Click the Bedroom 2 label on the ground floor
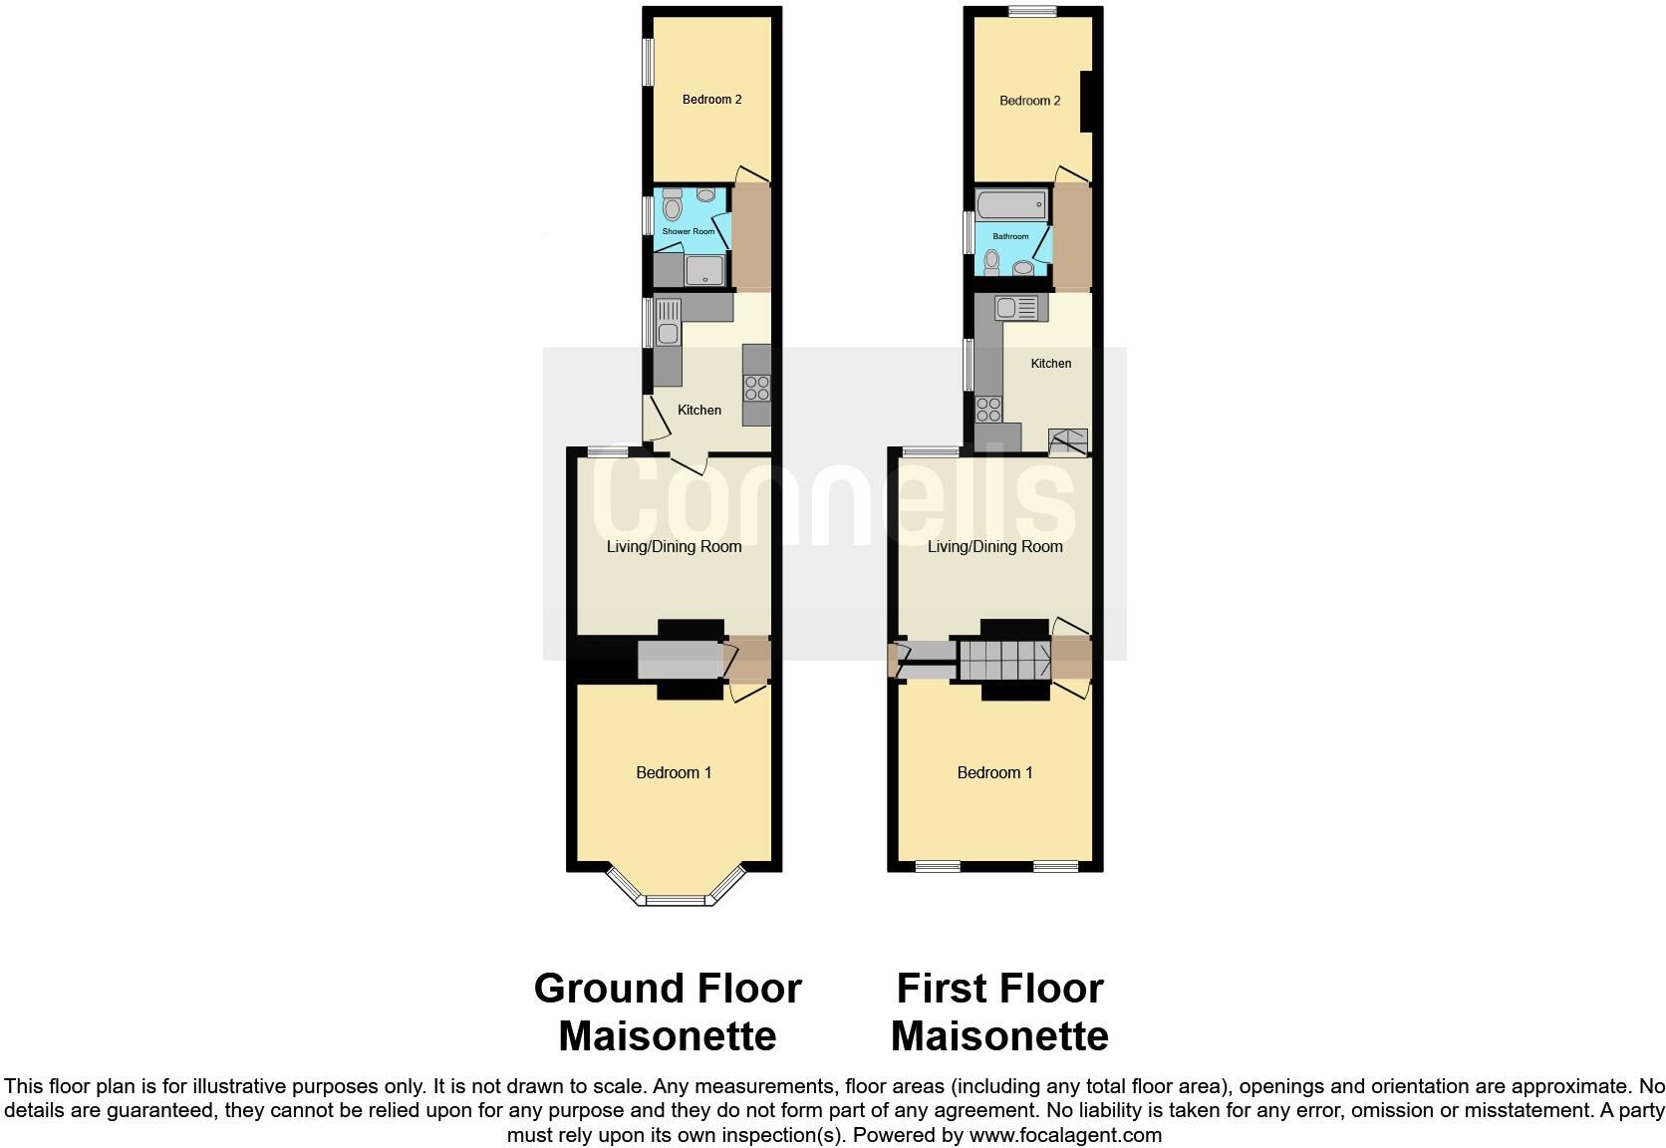711,100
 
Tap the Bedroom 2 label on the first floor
1029,101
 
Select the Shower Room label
689,231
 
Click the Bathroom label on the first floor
1010,236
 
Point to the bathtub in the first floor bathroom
1010,206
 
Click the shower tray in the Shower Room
704,269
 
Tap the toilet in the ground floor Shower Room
672,206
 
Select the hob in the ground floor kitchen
757,386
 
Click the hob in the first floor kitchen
988,409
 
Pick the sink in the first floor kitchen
1016,308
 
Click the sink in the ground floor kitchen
668,323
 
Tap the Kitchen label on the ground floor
699,410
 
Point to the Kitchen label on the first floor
1050,364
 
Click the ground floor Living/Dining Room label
674,546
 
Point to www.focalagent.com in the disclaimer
1065,1134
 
